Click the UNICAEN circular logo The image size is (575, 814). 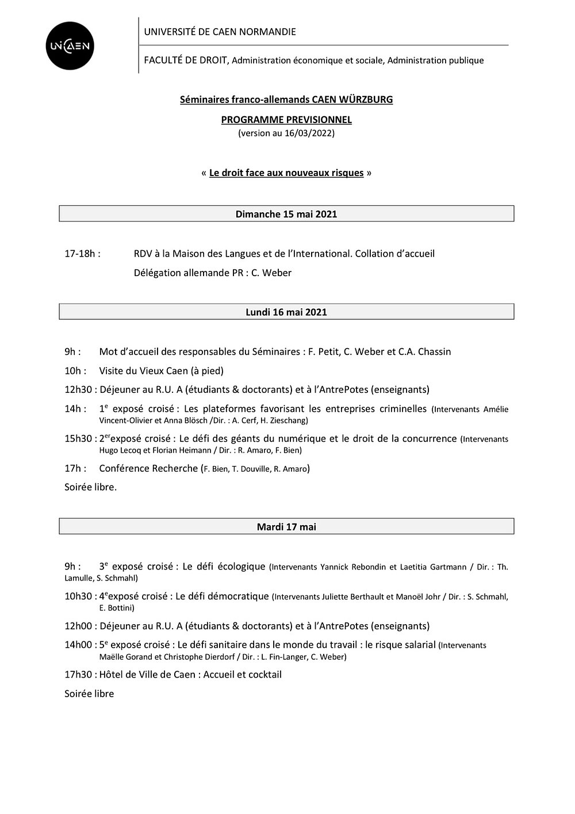tap(70, 46)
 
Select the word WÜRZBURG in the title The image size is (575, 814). tap(366, 100)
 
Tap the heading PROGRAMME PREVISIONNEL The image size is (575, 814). tap(286, 120)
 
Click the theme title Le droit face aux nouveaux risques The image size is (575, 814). tap(286, 173)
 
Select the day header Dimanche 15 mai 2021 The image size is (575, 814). tap(286, 214)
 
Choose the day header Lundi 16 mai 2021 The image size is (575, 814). tap(286, 312)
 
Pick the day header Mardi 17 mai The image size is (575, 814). tap(286, 526)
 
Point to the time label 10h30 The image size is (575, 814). tap(78, 596)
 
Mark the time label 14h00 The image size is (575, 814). tap(78, 644)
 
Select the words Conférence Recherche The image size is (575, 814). tap(148, 468)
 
